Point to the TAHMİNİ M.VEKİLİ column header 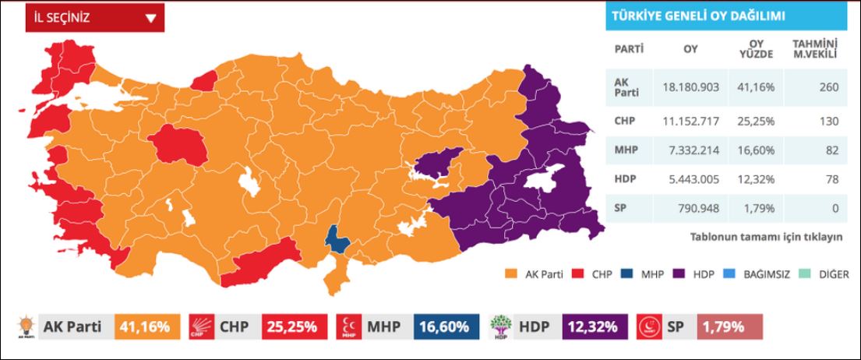pyautogui.click(x=814, y=49)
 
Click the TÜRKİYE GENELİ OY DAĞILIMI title pyautogui.click(x=698, y=16)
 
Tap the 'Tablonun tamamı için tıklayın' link pyautogui.click(x=766, y=236)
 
